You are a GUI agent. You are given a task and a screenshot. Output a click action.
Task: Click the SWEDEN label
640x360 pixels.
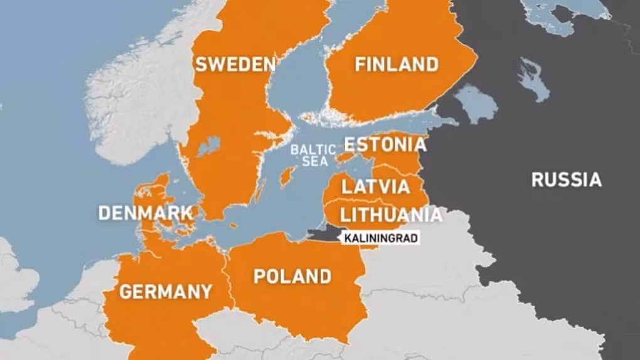click(x=235, y=64)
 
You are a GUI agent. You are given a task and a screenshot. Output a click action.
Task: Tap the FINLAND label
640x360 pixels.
click(x=396, y=64)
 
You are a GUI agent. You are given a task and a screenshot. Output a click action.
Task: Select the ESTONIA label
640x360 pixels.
click(x=385, y=145)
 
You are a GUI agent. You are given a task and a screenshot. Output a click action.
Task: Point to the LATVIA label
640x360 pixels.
click(x=375, y=186)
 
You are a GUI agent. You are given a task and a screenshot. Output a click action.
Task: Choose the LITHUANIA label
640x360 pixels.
click(x=390, y=215)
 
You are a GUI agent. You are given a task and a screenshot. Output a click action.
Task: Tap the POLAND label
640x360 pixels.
click(x=292, y=276)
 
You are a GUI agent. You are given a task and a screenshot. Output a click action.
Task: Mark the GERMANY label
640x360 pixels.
click(x=166, y=292)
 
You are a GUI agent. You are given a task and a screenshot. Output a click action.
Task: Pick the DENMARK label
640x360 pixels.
click(x=145, y=213)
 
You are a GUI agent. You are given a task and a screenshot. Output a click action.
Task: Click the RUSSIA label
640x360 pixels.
click(x=566, y=180)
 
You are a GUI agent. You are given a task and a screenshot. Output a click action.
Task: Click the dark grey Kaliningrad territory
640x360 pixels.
click(x=323, y=233)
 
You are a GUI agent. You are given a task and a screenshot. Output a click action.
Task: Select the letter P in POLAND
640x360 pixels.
click(x=257, y=276)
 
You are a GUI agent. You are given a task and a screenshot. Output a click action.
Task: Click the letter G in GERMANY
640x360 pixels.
click(x=125, y=292)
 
